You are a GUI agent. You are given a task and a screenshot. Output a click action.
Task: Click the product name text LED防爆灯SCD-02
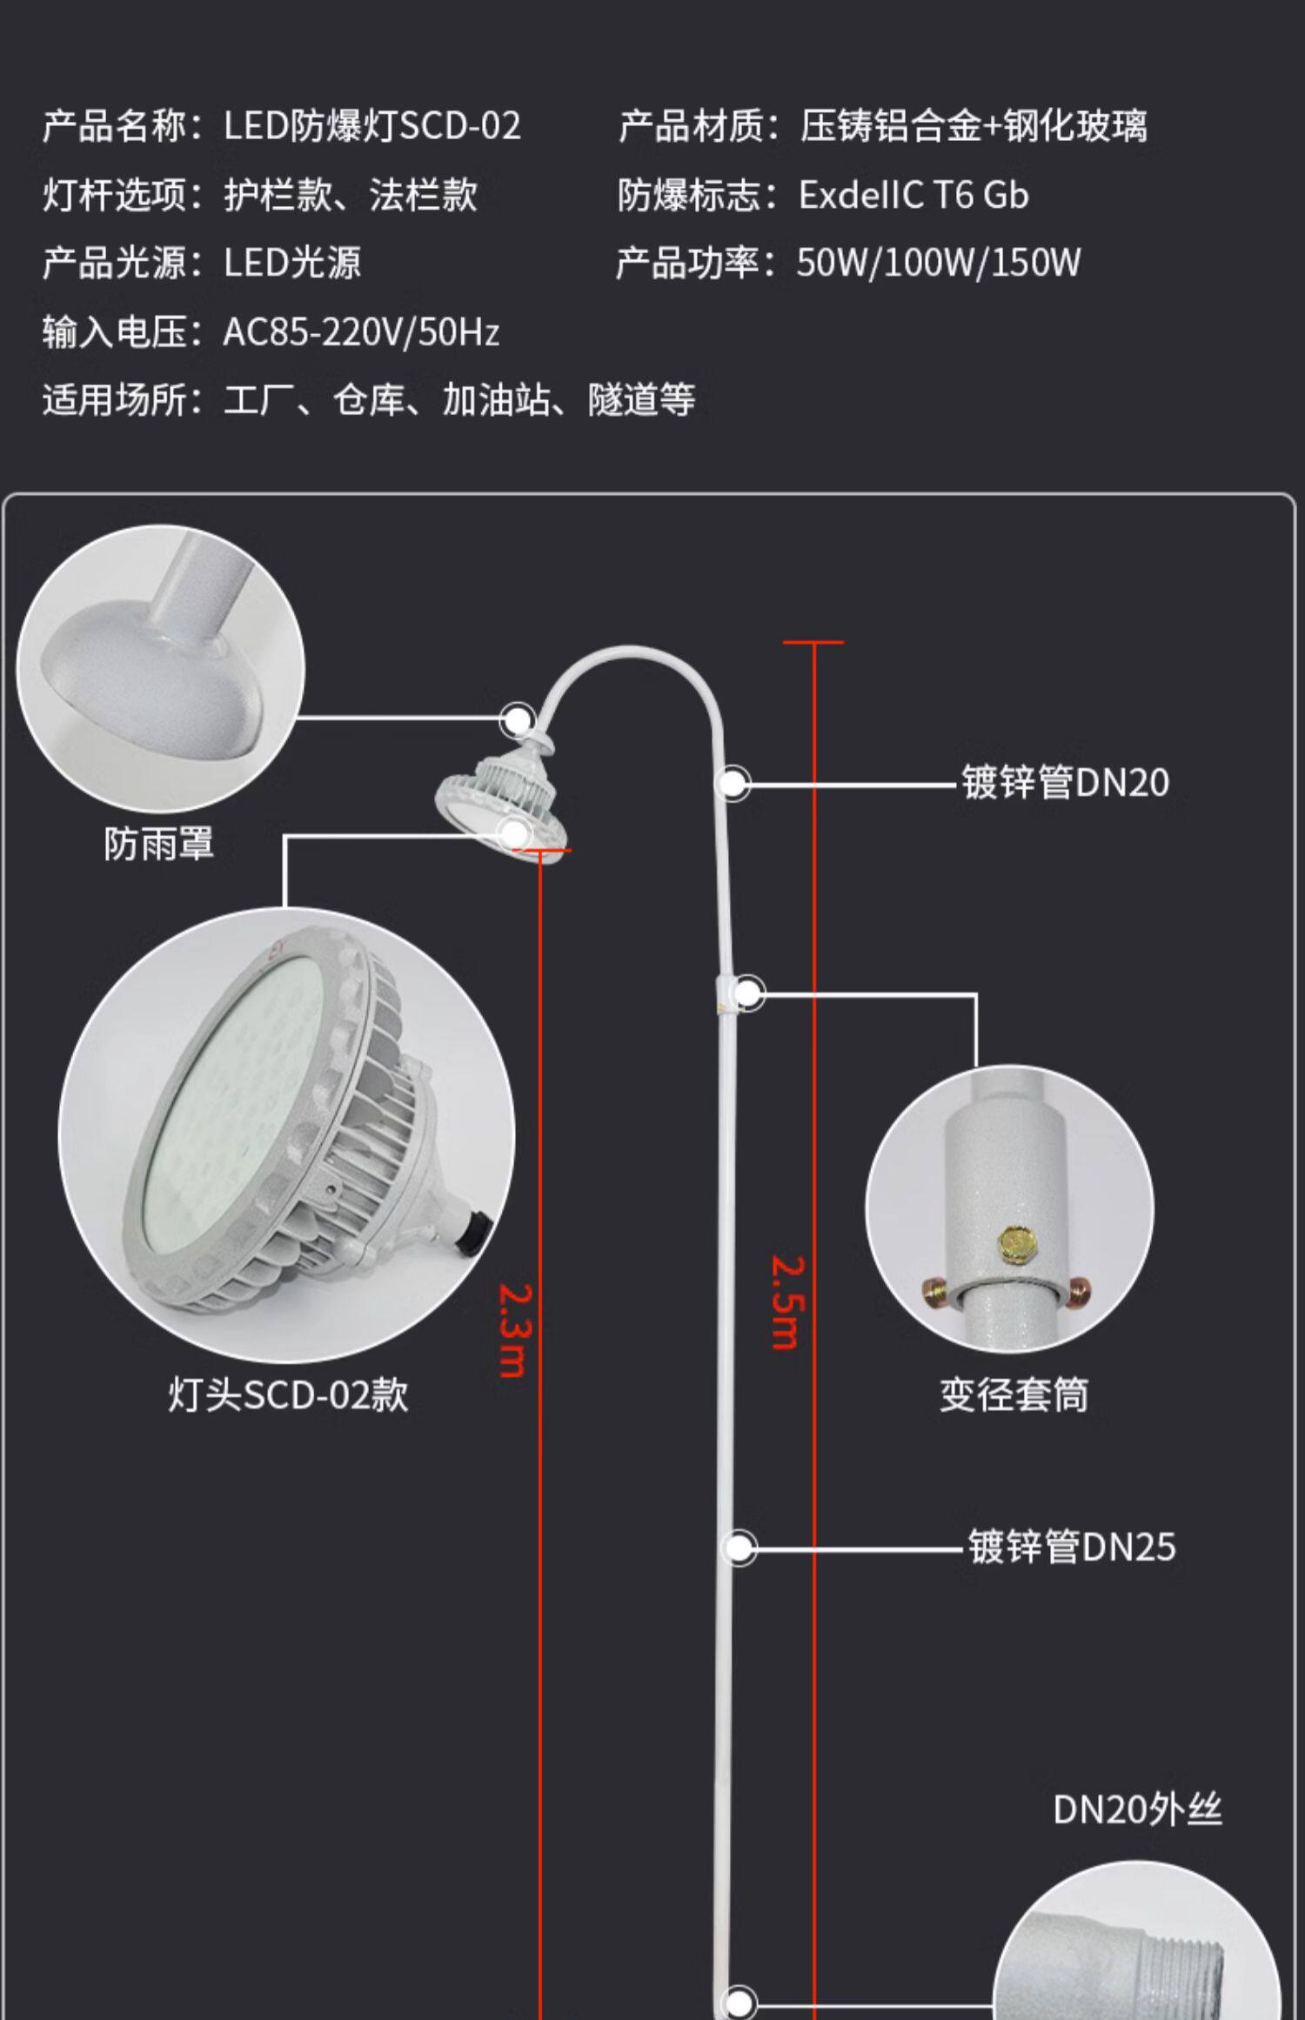click(371, 126)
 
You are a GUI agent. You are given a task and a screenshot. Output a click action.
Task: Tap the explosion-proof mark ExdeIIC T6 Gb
click(913, 195)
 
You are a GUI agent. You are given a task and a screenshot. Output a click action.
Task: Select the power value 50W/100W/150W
click(938, 263)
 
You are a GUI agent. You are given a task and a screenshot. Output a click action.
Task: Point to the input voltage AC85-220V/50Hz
click(361, 331)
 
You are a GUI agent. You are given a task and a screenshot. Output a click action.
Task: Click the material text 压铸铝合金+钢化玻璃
click(973, 126)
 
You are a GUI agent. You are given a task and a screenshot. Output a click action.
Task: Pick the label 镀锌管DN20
click(1064, 782)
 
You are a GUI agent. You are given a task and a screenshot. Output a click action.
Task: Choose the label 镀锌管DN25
click(1071, 1547)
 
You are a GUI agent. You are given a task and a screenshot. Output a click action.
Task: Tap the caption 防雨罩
click(159, 844)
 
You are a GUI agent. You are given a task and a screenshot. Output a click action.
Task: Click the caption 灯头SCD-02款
click(288, 1394)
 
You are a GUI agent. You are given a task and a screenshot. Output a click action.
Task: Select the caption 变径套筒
click(1014, 1394)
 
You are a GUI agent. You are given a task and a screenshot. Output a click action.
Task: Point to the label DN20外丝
click(1137, 1809)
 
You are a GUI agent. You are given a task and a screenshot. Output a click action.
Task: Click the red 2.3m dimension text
click(513, 1330)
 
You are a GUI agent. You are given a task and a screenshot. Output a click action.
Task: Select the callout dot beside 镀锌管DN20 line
click(733, 783)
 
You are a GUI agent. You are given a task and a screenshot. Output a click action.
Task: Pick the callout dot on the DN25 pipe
click(739, 1548)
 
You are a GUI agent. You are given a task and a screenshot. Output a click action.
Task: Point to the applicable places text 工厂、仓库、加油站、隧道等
click(459, 400)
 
